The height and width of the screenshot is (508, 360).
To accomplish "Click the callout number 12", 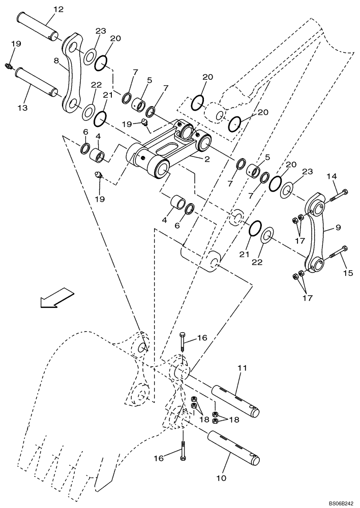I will click(58, 9).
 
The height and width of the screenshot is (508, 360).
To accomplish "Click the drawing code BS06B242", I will click(341, 503).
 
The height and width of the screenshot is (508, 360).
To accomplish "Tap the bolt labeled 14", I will click(339, 195).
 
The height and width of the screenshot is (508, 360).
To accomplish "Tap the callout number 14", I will click(331, 176).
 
